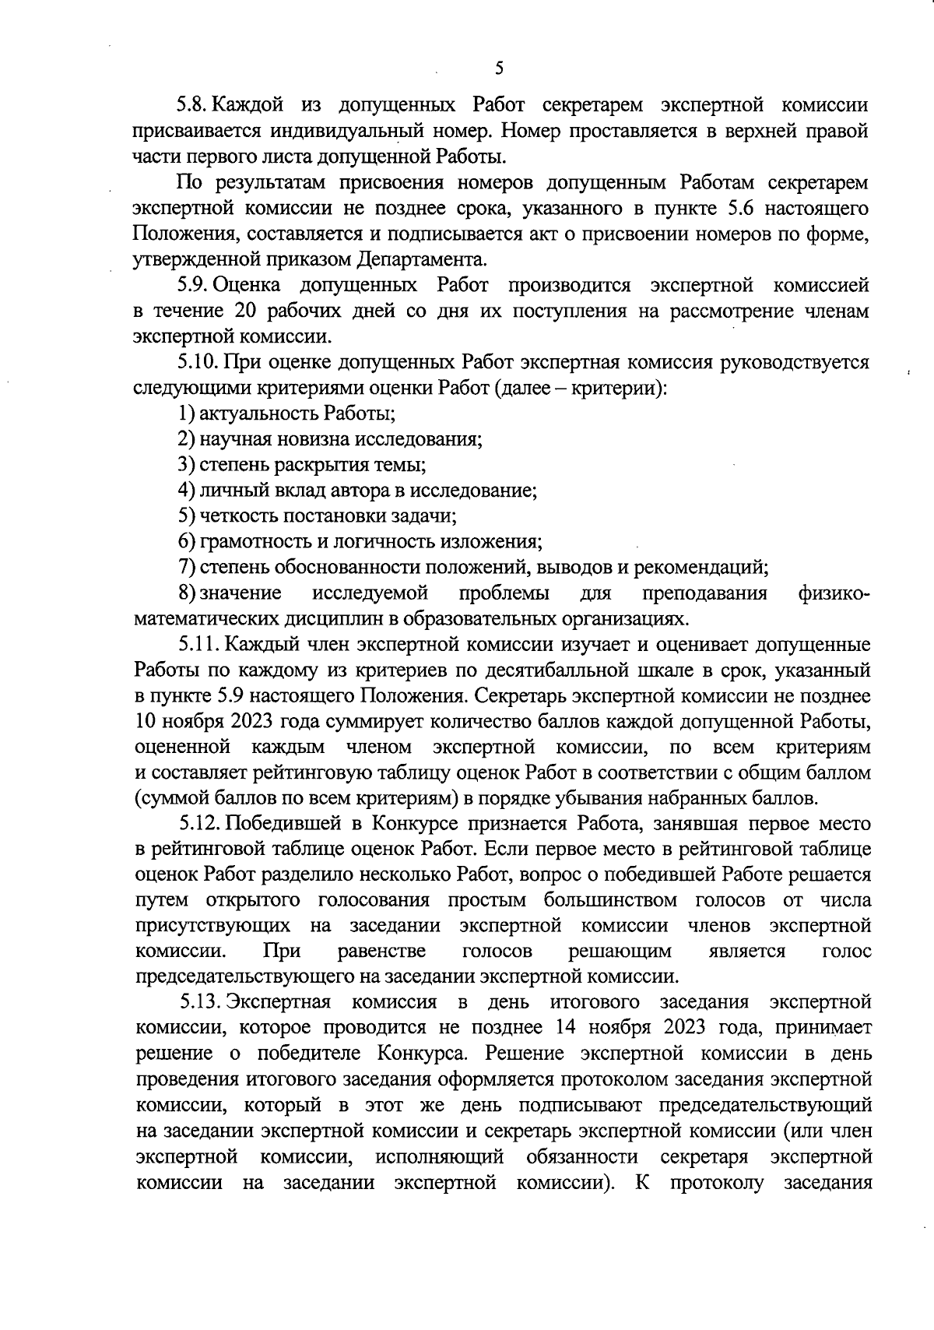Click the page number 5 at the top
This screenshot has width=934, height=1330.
point(499,69)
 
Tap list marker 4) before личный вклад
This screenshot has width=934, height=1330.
point(185,491)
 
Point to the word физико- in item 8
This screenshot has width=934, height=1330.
point(834,593)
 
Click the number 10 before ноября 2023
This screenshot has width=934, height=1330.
point(146,721)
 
